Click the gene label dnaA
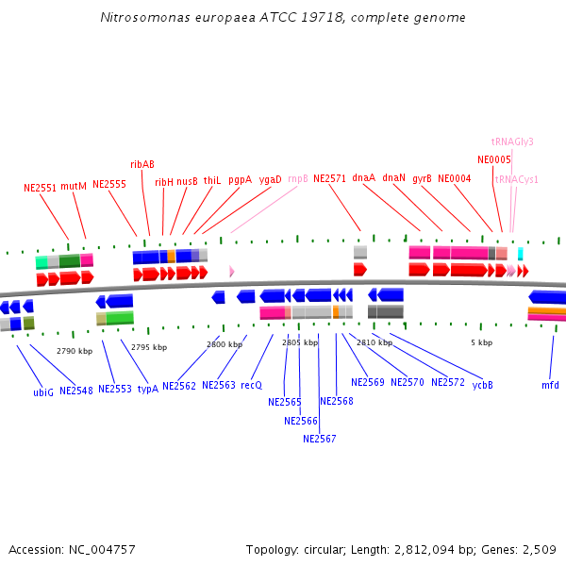click(x=363, y=177)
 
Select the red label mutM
click(x=74, y=187)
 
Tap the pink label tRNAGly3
click(x=512, y=141)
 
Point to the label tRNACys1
click(x=517, y=179)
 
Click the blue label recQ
click(x=251, y=385)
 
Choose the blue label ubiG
click(x=43, y=391)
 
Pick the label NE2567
click(x=320, y=439)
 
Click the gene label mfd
click(x=550, y=385)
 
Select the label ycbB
click(x=483, y=385)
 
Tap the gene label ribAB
click(x=142, y=164)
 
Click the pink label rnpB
click(x=298, y=178)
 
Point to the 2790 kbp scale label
click(x=75, y=351)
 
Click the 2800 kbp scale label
click(x=225, y=345)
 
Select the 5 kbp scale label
click(x=481, y=342)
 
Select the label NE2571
click(x=330, y=178)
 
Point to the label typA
click(x=148, y=389)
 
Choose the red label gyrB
click(x=422, y=178)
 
